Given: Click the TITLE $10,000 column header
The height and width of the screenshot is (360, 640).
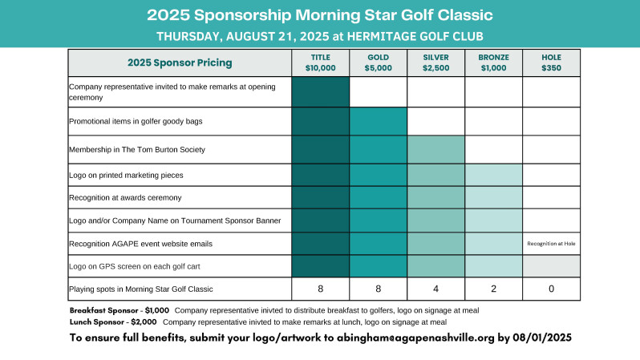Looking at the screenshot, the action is click(321, 63).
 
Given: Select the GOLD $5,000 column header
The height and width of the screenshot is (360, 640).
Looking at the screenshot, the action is click(378, 63).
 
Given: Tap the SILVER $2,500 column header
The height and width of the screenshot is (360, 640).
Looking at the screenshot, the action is click(436, 63).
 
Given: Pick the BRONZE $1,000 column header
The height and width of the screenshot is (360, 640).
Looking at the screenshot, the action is click(493, 63).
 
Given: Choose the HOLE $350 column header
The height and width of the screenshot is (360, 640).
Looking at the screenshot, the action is click(551, 63).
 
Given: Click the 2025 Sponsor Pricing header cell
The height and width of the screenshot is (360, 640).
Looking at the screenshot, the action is click(180, 63).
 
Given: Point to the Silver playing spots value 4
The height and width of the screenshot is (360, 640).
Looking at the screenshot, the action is click(436, 289).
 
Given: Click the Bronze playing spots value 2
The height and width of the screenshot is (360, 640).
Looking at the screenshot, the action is click(493, 289).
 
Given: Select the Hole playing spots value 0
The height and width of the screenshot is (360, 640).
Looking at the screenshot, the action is click(551, 289).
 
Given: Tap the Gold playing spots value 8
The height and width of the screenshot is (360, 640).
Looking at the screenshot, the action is click(378, 289).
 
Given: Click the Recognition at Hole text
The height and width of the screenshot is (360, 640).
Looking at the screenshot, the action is click(551, 244).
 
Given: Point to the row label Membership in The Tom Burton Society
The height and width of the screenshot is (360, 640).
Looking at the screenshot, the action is click(137, 150).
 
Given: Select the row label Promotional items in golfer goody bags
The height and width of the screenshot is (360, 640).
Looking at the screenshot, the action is click(136, 122).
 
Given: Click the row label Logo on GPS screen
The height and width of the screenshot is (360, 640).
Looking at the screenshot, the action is click(134, 266).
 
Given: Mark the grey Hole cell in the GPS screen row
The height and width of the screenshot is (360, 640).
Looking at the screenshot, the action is click(551, 266).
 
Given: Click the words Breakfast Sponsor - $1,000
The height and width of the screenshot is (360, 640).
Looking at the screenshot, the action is click(119, 310).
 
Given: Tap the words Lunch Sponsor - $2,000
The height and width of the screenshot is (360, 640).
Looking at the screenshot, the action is click(113, 322).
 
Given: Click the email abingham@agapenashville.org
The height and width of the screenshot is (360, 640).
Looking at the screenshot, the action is click(415, 338).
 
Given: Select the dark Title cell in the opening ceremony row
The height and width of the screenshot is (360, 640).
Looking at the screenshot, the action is click(321, 92).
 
